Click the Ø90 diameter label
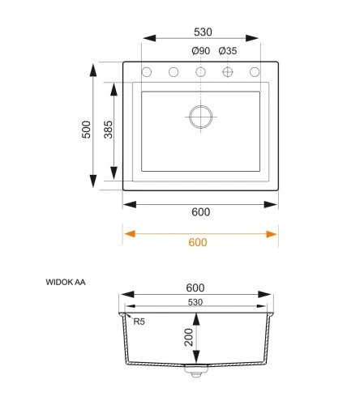[201, 51]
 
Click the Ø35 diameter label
[228, 51]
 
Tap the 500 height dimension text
[86, 130]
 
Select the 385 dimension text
[108, 130]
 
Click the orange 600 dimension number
[198, 242]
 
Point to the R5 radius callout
[139, 322]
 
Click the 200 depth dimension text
[189, 337]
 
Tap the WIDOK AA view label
[66, 282]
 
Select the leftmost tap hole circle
[147, 72]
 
